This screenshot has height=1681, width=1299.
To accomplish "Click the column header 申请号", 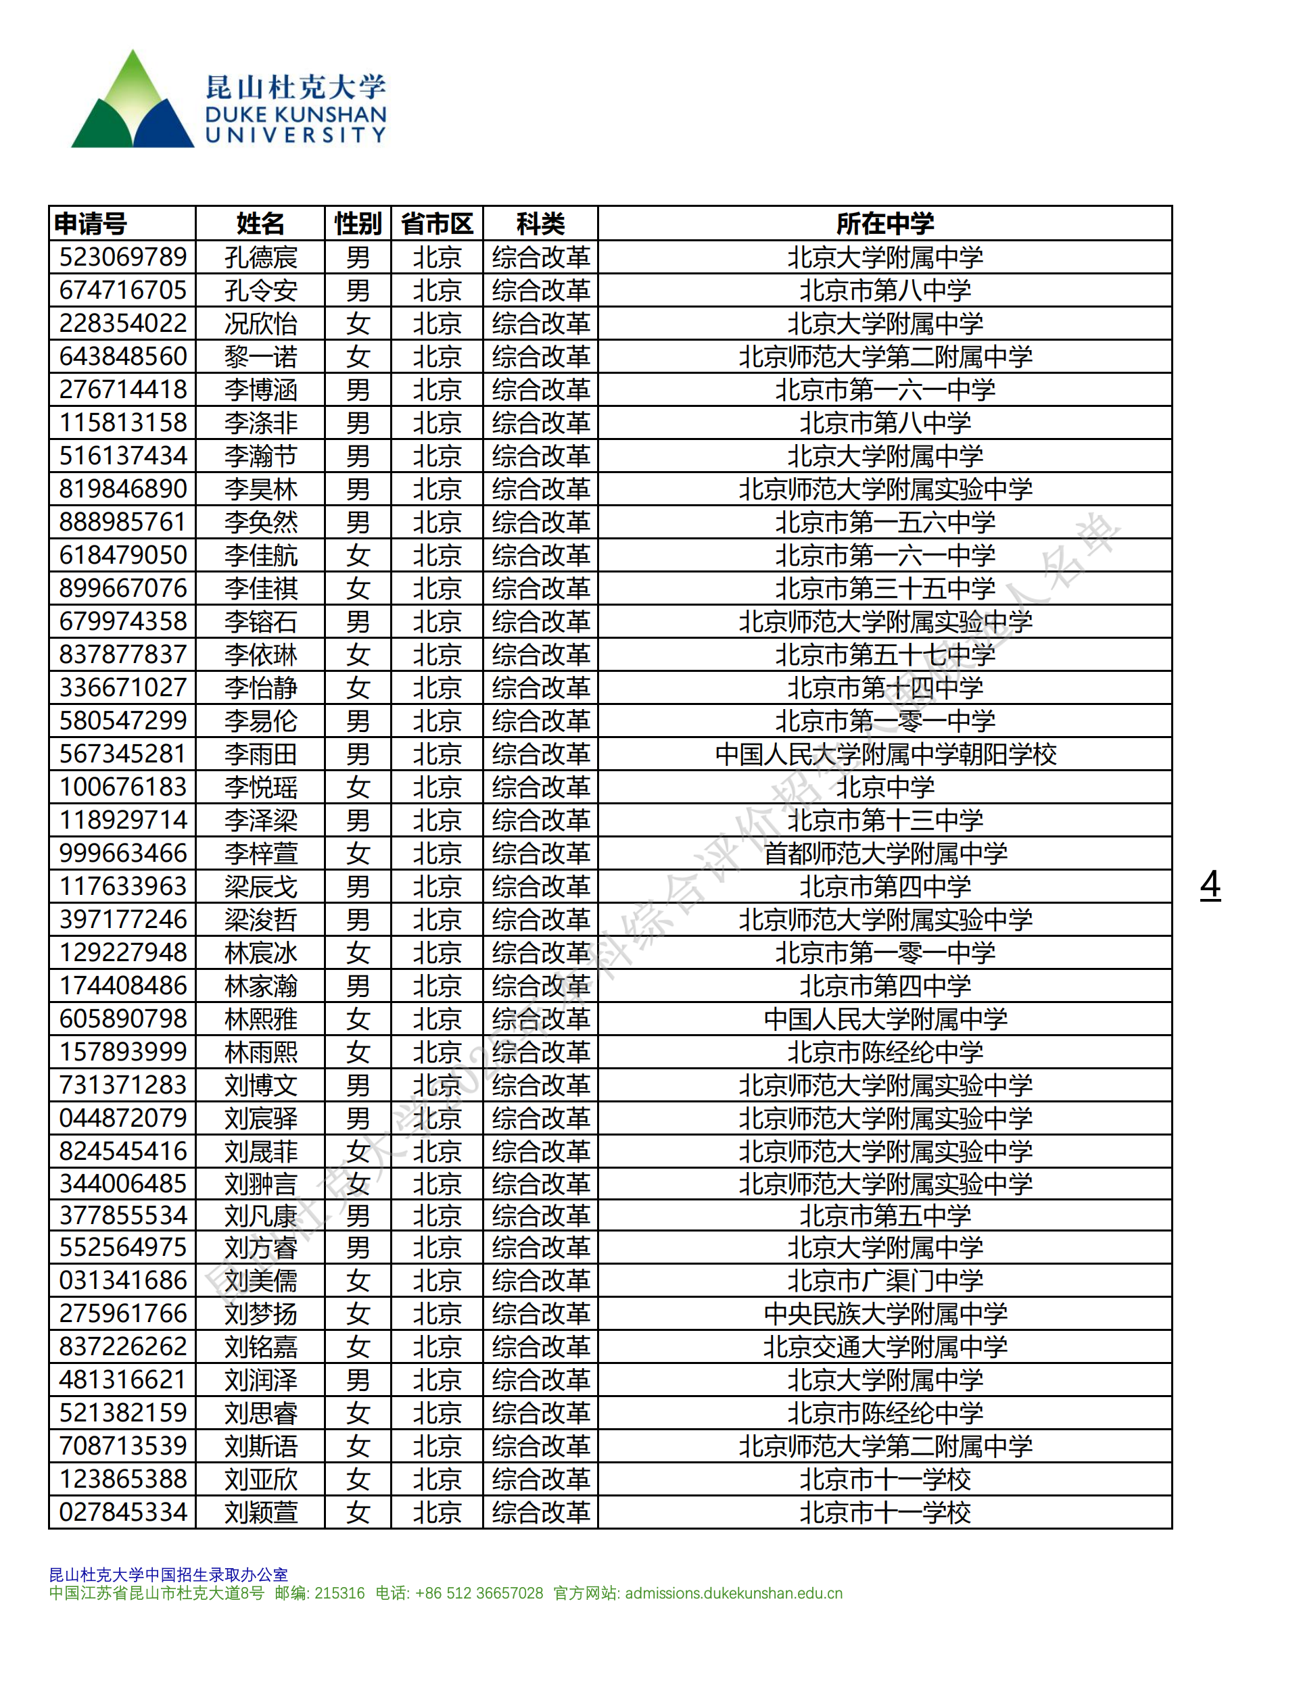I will coord(91,224).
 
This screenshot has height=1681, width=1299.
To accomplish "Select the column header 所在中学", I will coord(884,224).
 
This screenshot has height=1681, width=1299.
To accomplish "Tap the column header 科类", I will coord(540,224).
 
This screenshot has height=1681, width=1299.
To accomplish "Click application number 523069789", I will coord(123,257).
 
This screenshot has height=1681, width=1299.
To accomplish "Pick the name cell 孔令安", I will coord(260,290).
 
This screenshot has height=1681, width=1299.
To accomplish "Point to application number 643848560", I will coord(123,356).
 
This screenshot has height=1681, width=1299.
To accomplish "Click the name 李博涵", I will coord(260,389).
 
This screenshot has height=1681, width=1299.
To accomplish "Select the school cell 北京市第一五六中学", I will coord(884,522).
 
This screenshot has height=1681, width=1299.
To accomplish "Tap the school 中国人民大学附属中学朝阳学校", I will coord(884,754).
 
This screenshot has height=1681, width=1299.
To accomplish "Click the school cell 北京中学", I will coord(884,787).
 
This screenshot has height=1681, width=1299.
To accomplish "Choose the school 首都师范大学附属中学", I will coord(884,853).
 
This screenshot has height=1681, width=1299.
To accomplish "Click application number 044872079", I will coord(123,1117).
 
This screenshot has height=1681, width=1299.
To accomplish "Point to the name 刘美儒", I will coord(260,1280).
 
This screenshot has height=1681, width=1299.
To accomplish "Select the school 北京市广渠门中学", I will coord(884,1280).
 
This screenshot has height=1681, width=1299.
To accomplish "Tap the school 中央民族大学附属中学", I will coord(884,1313).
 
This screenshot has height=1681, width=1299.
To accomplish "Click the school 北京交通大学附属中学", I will coord(884,1346).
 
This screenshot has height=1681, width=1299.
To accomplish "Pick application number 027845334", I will coord(123,1511).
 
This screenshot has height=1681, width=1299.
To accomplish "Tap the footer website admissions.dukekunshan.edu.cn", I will coord(733,1593).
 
